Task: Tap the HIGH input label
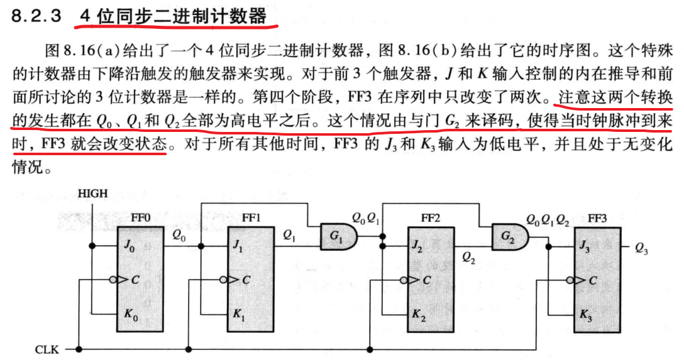click(92, 194)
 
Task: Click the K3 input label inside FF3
click(585, 314)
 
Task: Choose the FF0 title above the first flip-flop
click(141, 218)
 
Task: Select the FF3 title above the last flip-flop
click(597, 218)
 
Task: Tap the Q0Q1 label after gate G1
click(365, 219)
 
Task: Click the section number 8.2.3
click(36, 17)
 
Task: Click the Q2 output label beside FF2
click(469, 257)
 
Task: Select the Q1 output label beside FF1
click(289, 236)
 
